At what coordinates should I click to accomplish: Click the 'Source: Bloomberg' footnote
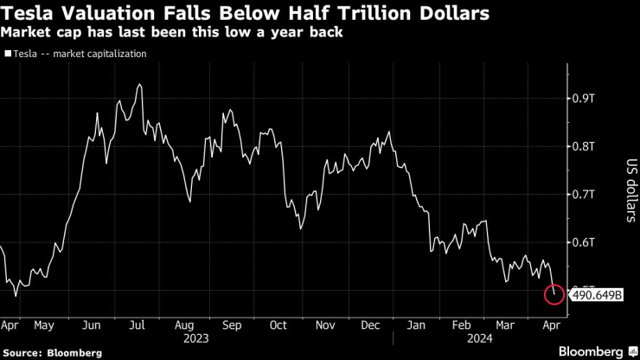tap(53, 352)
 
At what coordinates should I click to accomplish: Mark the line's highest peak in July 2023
tap(139, 85)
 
